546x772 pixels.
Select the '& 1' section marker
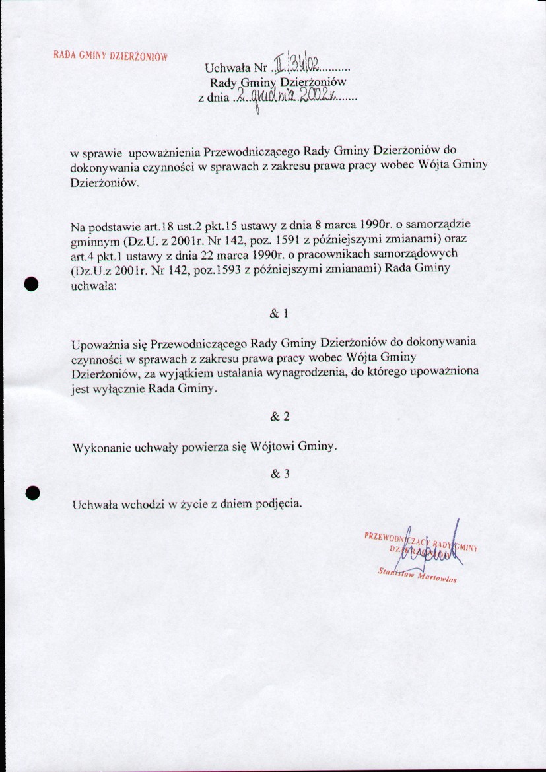point(279,314)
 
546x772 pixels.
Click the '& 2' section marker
point(279,417)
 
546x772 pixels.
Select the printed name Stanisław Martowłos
point(419,577)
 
